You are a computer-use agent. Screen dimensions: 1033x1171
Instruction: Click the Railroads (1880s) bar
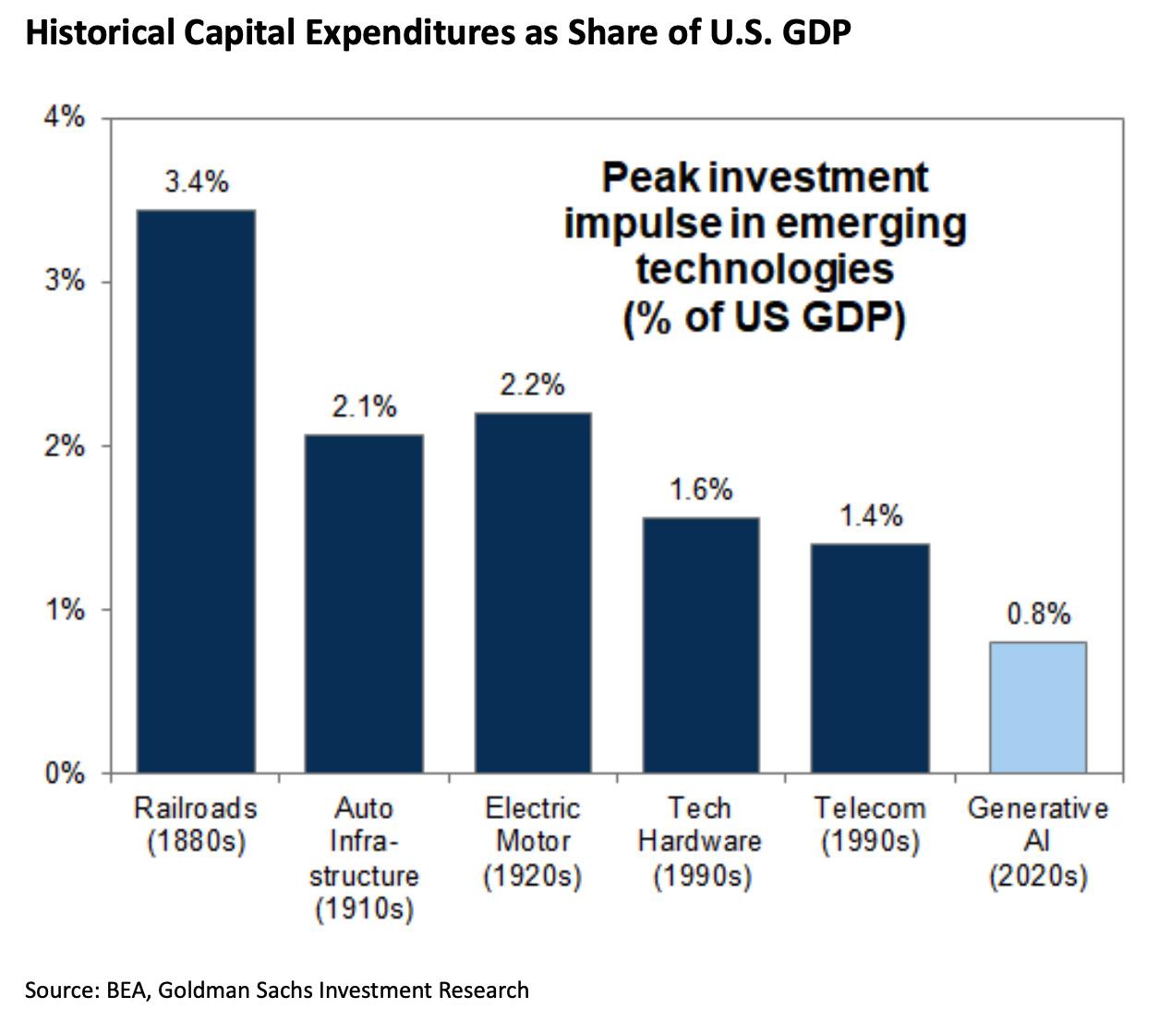point(196,491)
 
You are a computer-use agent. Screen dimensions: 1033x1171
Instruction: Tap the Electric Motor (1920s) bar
point(533,591)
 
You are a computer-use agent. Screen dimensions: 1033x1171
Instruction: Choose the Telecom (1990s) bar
point(870,657)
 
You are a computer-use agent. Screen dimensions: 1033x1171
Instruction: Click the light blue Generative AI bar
point(1038,707)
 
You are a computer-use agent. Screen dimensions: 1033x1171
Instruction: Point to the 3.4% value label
point(196,182)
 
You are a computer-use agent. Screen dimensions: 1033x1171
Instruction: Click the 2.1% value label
point(364,407)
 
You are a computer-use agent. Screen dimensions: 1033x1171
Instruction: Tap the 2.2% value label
point(533,384)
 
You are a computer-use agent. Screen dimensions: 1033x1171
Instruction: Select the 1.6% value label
point(701,490)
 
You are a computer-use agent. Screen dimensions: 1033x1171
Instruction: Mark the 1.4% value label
point(870,516)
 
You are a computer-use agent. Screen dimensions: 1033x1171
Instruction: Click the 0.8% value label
point(1038,614)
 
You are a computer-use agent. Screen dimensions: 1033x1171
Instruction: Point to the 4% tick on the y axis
point(64,118)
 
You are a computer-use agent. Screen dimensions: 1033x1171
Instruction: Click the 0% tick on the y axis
point(64,773)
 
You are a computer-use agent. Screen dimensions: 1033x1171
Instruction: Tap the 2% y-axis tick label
point(64,446)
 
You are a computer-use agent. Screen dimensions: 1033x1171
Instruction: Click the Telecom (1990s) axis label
point(870,825)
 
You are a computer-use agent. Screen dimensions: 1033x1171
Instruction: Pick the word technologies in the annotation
point(765,270)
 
